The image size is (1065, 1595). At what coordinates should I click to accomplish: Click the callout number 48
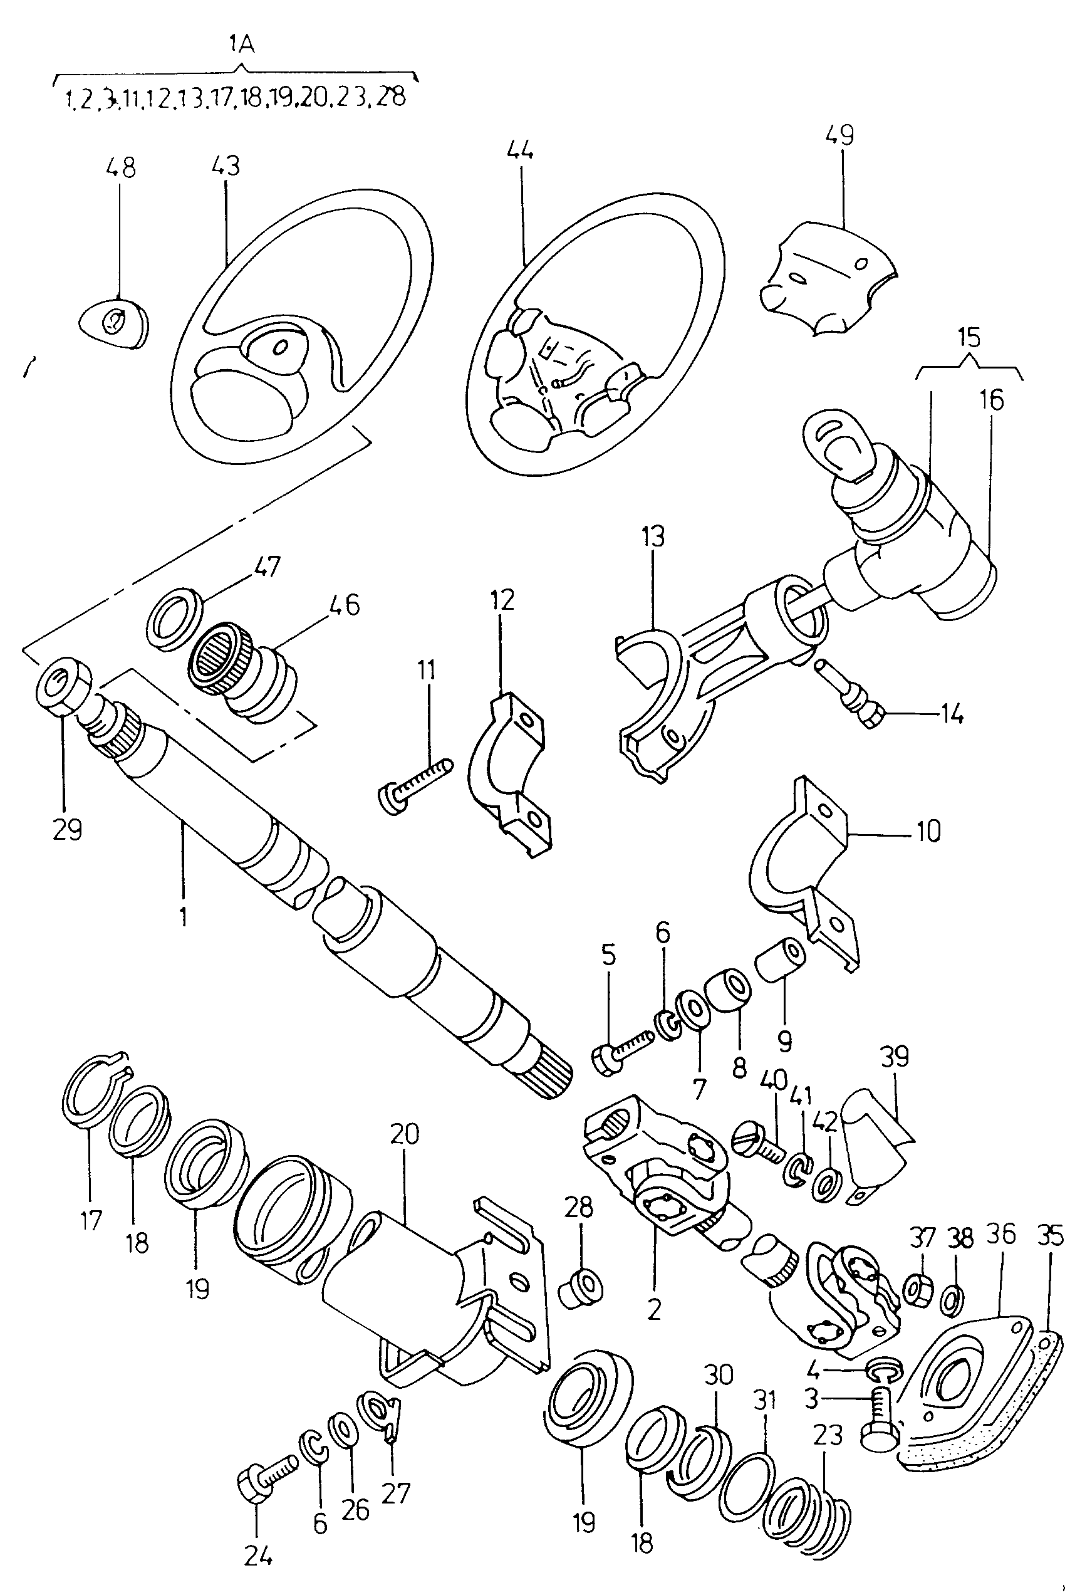point(121,167)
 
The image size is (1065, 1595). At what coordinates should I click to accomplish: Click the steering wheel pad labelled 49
point(826,275)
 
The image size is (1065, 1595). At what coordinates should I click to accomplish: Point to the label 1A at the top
point(241,45)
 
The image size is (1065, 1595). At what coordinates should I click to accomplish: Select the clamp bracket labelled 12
point(509,775)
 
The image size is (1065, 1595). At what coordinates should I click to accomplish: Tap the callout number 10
point(929,831)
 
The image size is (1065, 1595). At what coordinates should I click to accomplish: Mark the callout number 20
point(405,1134)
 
